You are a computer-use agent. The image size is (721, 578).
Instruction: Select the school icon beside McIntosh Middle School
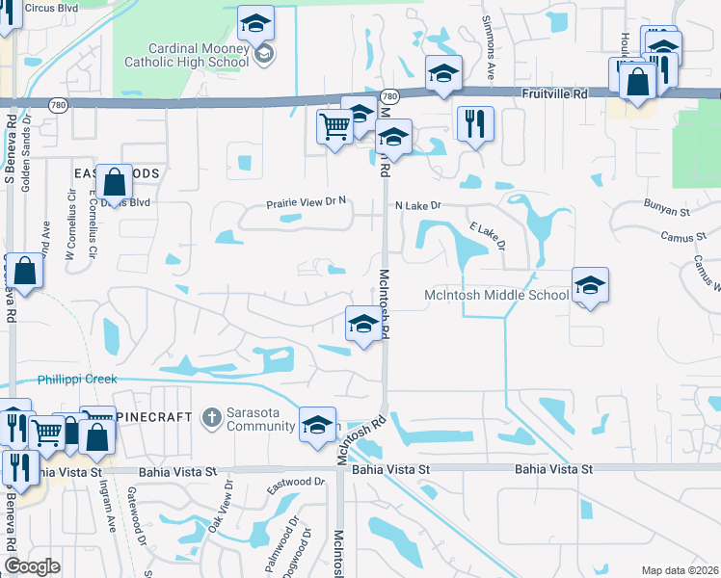click(x=590, y=286)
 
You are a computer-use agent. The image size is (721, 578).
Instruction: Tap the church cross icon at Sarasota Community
click(x=212, y=417)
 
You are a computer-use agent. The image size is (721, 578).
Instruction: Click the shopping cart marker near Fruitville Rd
click(x=334, y=126)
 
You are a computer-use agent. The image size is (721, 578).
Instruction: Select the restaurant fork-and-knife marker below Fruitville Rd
click(x=473, y=122)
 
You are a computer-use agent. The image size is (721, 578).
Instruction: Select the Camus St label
click(x=678, y=237)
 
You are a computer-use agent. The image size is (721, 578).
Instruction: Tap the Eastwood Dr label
click(x=296, y=482)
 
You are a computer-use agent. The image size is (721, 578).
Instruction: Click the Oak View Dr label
click(x=221, y=505)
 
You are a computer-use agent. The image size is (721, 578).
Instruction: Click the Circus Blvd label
click(x=52, y=8)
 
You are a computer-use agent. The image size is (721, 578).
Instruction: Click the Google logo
click(x=33, y=566)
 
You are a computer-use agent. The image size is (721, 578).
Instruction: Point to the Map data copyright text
click(x=679, y=570)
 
